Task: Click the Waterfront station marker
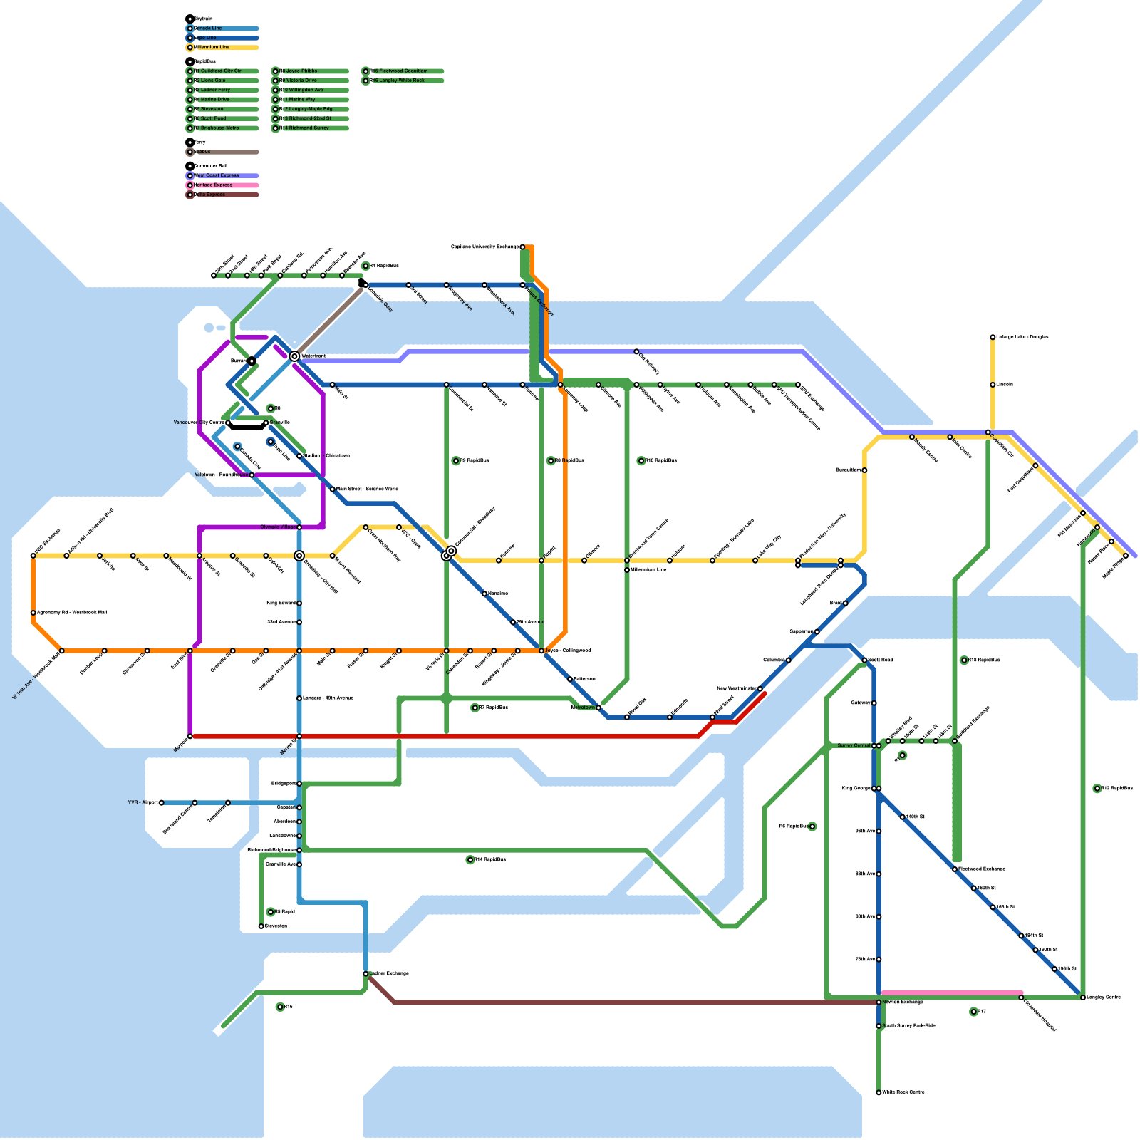pos(294,356)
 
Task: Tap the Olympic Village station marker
pos(299,527)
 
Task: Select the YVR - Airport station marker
pos(162,802)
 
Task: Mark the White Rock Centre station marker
pos(879,1092)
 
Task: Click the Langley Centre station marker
pos(1083,997)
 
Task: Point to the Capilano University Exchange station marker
pos(522,247)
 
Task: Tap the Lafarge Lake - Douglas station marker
pos(993,337)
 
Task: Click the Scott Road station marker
pos(864,660)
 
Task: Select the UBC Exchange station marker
pos(33,556)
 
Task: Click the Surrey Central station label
pos(854,745)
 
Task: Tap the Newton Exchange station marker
pos(879,1002)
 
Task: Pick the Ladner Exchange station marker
pos(366,973)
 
